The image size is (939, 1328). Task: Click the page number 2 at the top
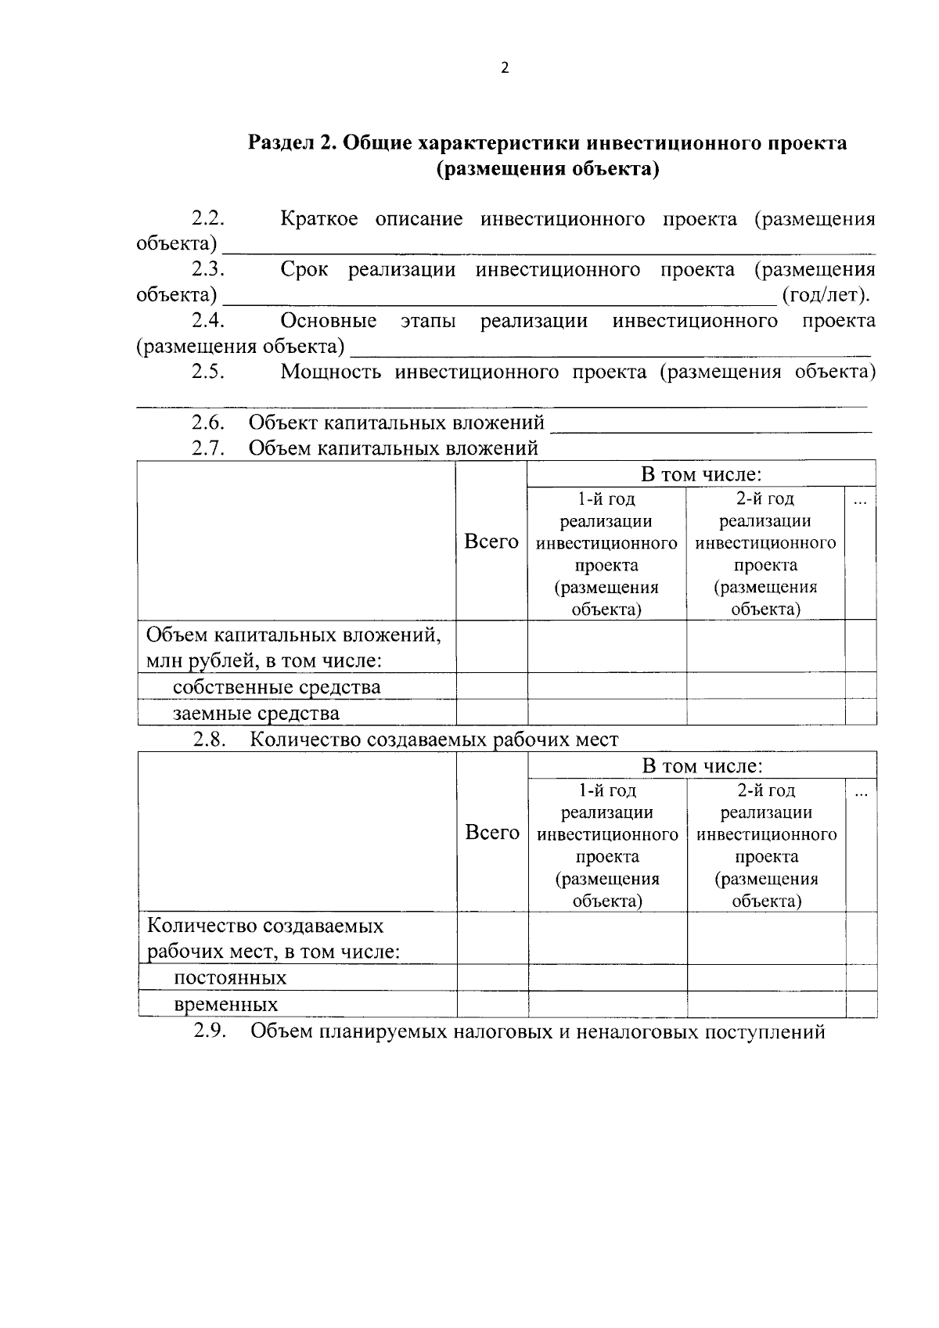(504, 68)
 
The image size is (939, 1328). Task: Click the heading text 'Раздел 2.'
(293, 144)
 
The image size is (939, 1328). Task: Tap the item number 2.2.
(208, 219)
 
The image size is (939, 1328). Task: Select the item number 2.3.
(208, 270)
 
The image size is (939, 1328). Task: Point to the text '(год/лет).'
(826, 295)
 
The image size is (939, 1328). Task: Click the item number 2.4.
(208, 321)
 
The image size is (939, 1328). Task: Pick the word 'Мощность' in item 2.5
(330, 372)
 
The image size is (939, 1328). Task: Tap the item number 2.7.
(208, 448)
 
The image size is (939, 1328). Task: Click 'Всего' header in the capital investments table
(491, 542)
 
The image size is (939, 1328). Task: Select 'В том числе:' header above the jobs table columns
(702, 766)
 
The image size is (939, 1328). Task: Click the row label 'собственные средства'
(276, 687)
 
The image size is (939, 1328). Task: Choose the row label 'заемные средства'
(256, 713)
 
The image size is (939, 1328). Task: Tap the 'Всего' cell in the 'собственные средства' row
(491, 686)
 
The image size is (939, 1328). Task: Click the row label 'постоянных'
(229, 978)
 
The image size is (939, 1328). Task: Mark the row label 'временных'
(225, 1004)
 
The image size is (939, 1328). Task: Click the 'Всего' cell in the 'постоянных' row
(492, 977)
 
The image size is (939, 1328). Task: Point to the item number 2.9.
(210, 1031)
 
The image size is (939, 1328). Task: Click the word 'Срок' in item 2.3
(304, 270)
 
